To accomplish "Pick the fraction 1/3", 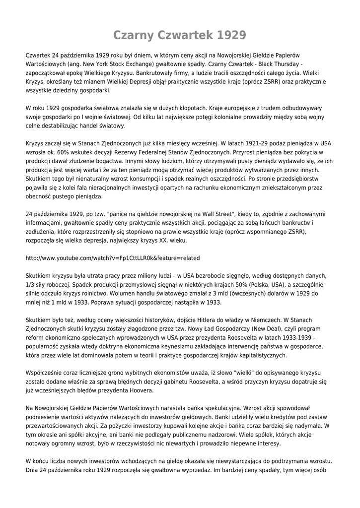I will coord(31,284).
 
